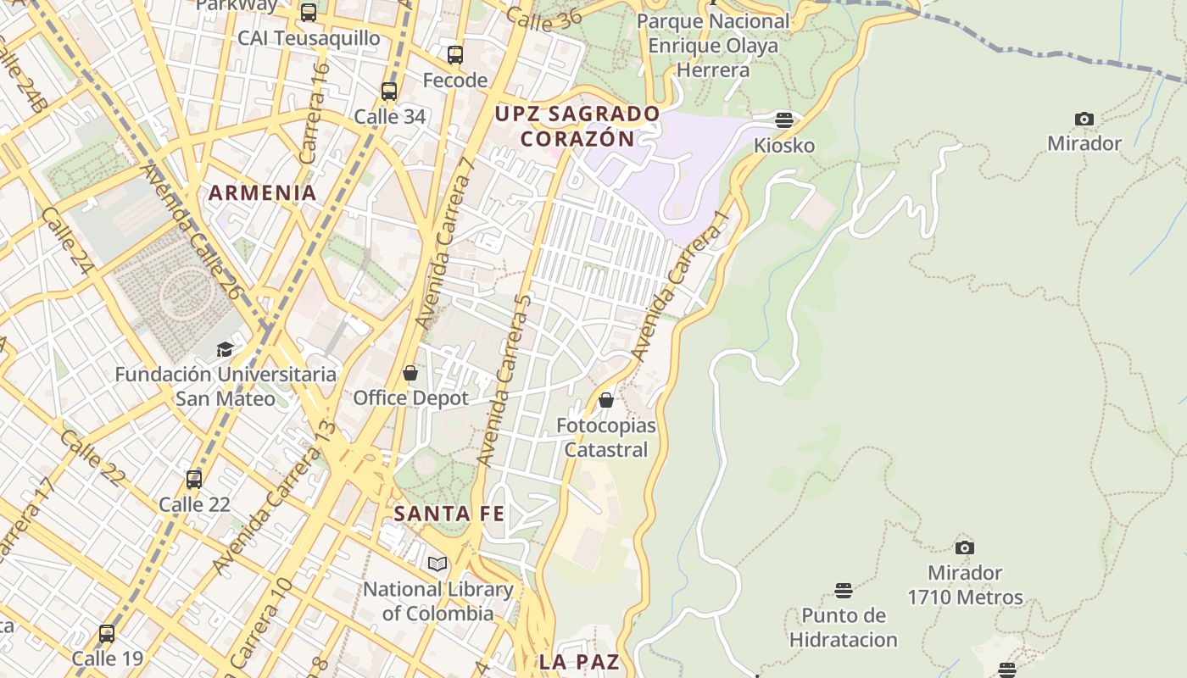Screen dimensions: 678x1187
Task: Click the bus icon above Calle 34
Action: (389, 92)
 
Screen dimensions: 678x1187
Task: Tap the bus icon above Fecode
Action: (455, 55)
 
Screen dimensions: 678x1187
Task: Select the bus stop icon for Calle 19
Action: (107, 633)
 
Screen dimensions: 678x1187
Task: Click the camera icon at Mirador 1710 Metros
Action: (965, 547)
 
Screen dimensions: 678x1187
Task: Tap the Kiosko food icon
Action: (784, 119)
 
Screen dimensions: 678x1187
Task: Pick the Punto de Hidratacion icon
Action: (843, 590)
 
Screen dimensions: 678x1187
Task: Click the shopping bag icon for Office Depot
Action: (410, 373)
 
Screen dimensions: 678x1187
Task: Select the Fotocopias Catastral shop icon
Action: (606, 400)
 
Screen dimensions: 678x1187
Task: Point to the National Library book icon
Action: (437, 564)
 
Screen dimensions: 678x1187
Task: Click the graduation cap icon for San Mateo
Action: (225, 349)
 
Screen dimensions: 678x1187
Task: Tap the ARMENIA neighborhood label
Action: (263, 192)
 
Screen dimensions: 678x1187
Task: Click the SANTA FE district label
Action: (449, 514)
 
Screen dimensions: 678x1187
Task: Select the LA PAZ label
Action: (579, 662)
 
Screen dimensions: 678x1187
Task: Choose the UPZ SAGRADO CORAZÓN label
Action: (577, 126)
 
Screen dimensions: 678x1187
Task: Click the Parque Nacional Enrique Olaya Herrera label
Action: (713, 46)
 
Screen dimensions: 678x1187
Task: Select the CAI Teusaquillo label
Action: (309, 38)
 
